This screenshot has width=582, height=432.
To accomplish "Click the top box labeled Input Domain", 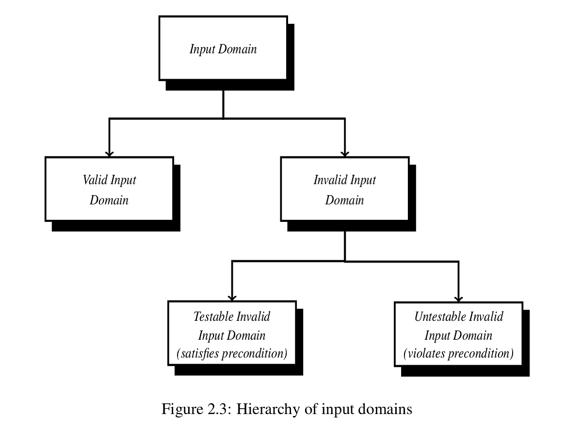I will click(x=223, y=49).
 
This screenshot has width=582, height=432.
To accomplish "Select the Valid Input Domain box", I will click(x=109, y=189).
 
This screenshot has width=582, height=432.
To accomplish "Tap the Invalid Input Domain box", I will click(x=344, y=189).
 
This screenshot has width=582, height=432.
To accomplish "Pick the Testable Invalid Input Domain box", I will click(x=232, y=335).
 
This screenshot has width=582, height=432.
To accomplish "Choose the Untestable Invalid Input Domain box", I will click(x=458, y=335).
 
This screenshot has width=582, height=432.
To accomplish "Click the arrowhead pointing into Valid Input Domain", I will click(x=109, y=153).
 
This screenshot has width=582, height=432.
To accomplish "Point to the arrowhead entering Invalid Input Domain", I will click(x=345, y=153).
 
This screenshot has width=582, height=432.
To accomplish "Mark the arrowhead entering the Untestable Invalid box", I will click(x=458, y=298).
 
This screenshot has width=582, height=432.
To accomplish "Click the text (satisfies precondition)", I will click(x=232, y=354).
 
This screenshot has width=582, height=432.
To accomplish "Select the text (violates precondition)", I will click(x=458, y=354).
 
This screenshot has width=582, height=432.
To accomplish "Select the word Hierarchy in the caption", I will click(x=264, y=409).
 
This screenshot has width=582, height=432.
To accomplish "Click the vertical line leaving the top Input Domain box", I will click(x=223, y=103).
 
